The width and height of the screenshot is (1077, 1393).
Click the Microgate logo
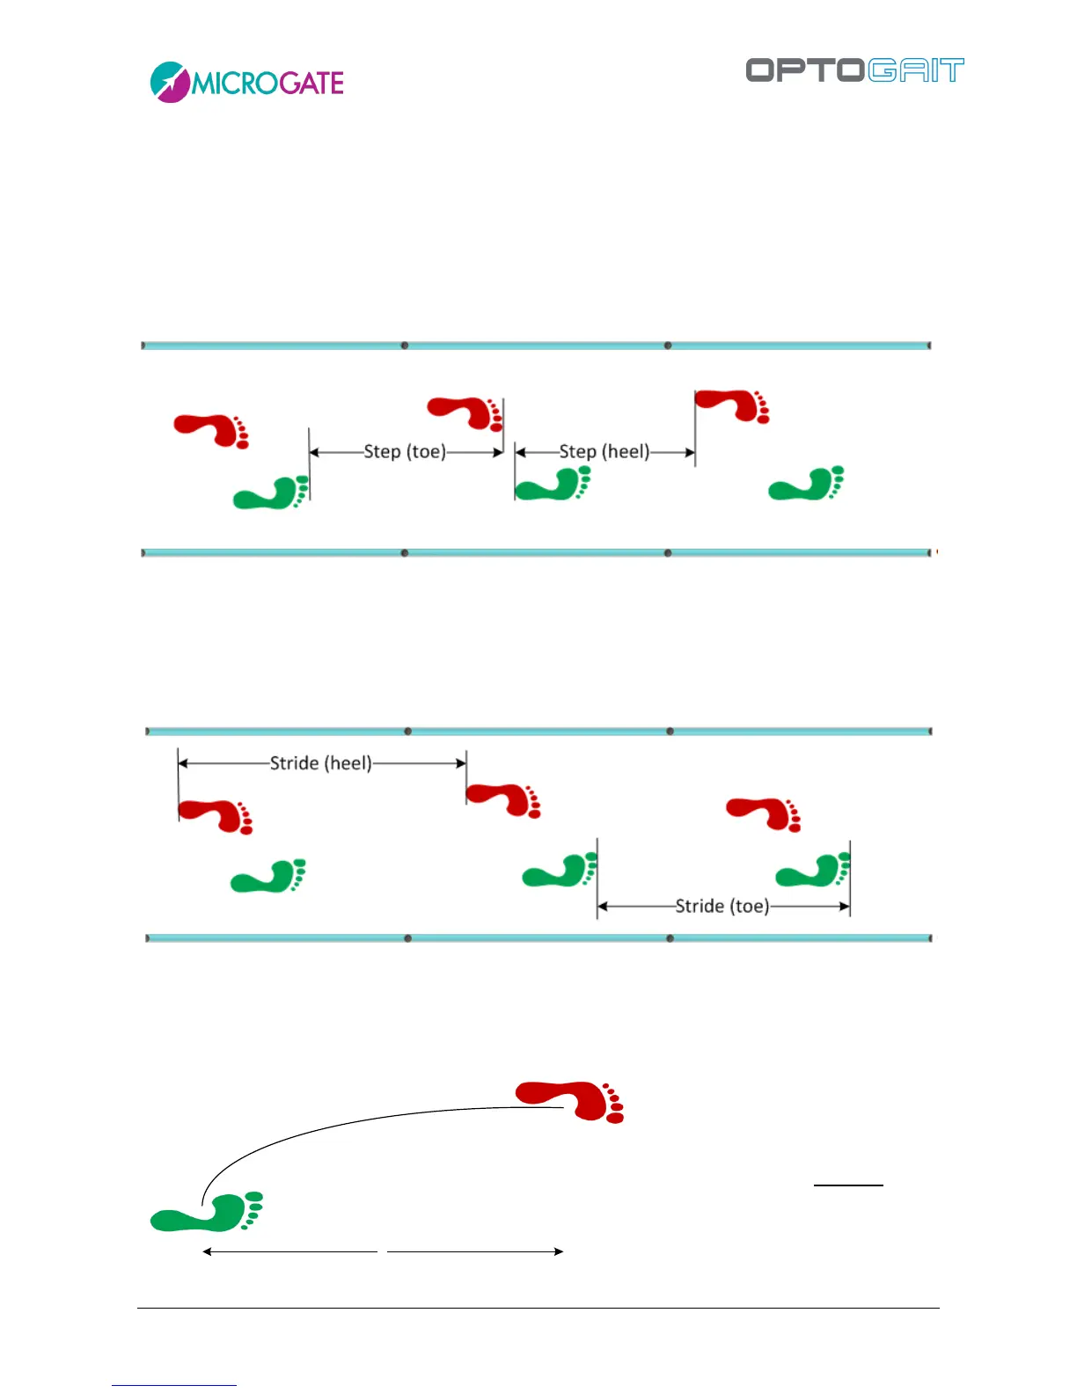(246, 83)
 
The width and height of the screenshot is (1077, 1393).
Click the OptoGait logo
(854, 70)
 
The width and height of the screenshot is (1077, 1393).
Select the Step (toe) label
(405, 452)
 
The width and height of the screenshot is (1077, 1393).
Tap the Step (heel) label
(604, 452)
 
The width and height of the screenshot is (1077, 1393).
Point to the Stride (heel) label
(320, 763)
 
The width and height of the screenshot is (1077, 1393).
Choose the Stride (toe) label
(722, 906)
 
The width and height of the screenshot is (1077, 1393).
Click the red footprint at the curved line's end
(572, 1101)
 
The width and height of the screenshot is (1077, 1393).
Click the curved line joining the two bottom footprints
(352, 1127)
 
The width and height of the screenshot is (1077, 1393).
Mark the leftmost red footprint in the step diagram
(211, 430)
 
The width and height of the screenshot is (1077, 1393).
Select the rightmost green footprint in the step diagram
(806, 484)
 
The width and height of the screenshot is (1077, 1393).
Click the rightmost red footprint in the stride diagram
(764, 813)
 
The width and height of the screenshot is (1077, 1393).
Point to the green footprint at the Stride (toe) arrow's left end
(560, 871)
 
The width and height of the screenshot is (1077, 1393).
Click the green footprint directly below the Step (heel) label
(553, 484)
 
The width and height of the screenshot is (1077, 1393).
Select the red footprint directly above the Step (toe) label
(465, 412)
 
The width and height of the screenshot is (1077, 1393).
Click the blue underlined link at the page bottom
(174, 1385)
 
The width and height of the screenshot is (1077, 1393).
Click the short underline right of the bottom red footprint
(848, 1185)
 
